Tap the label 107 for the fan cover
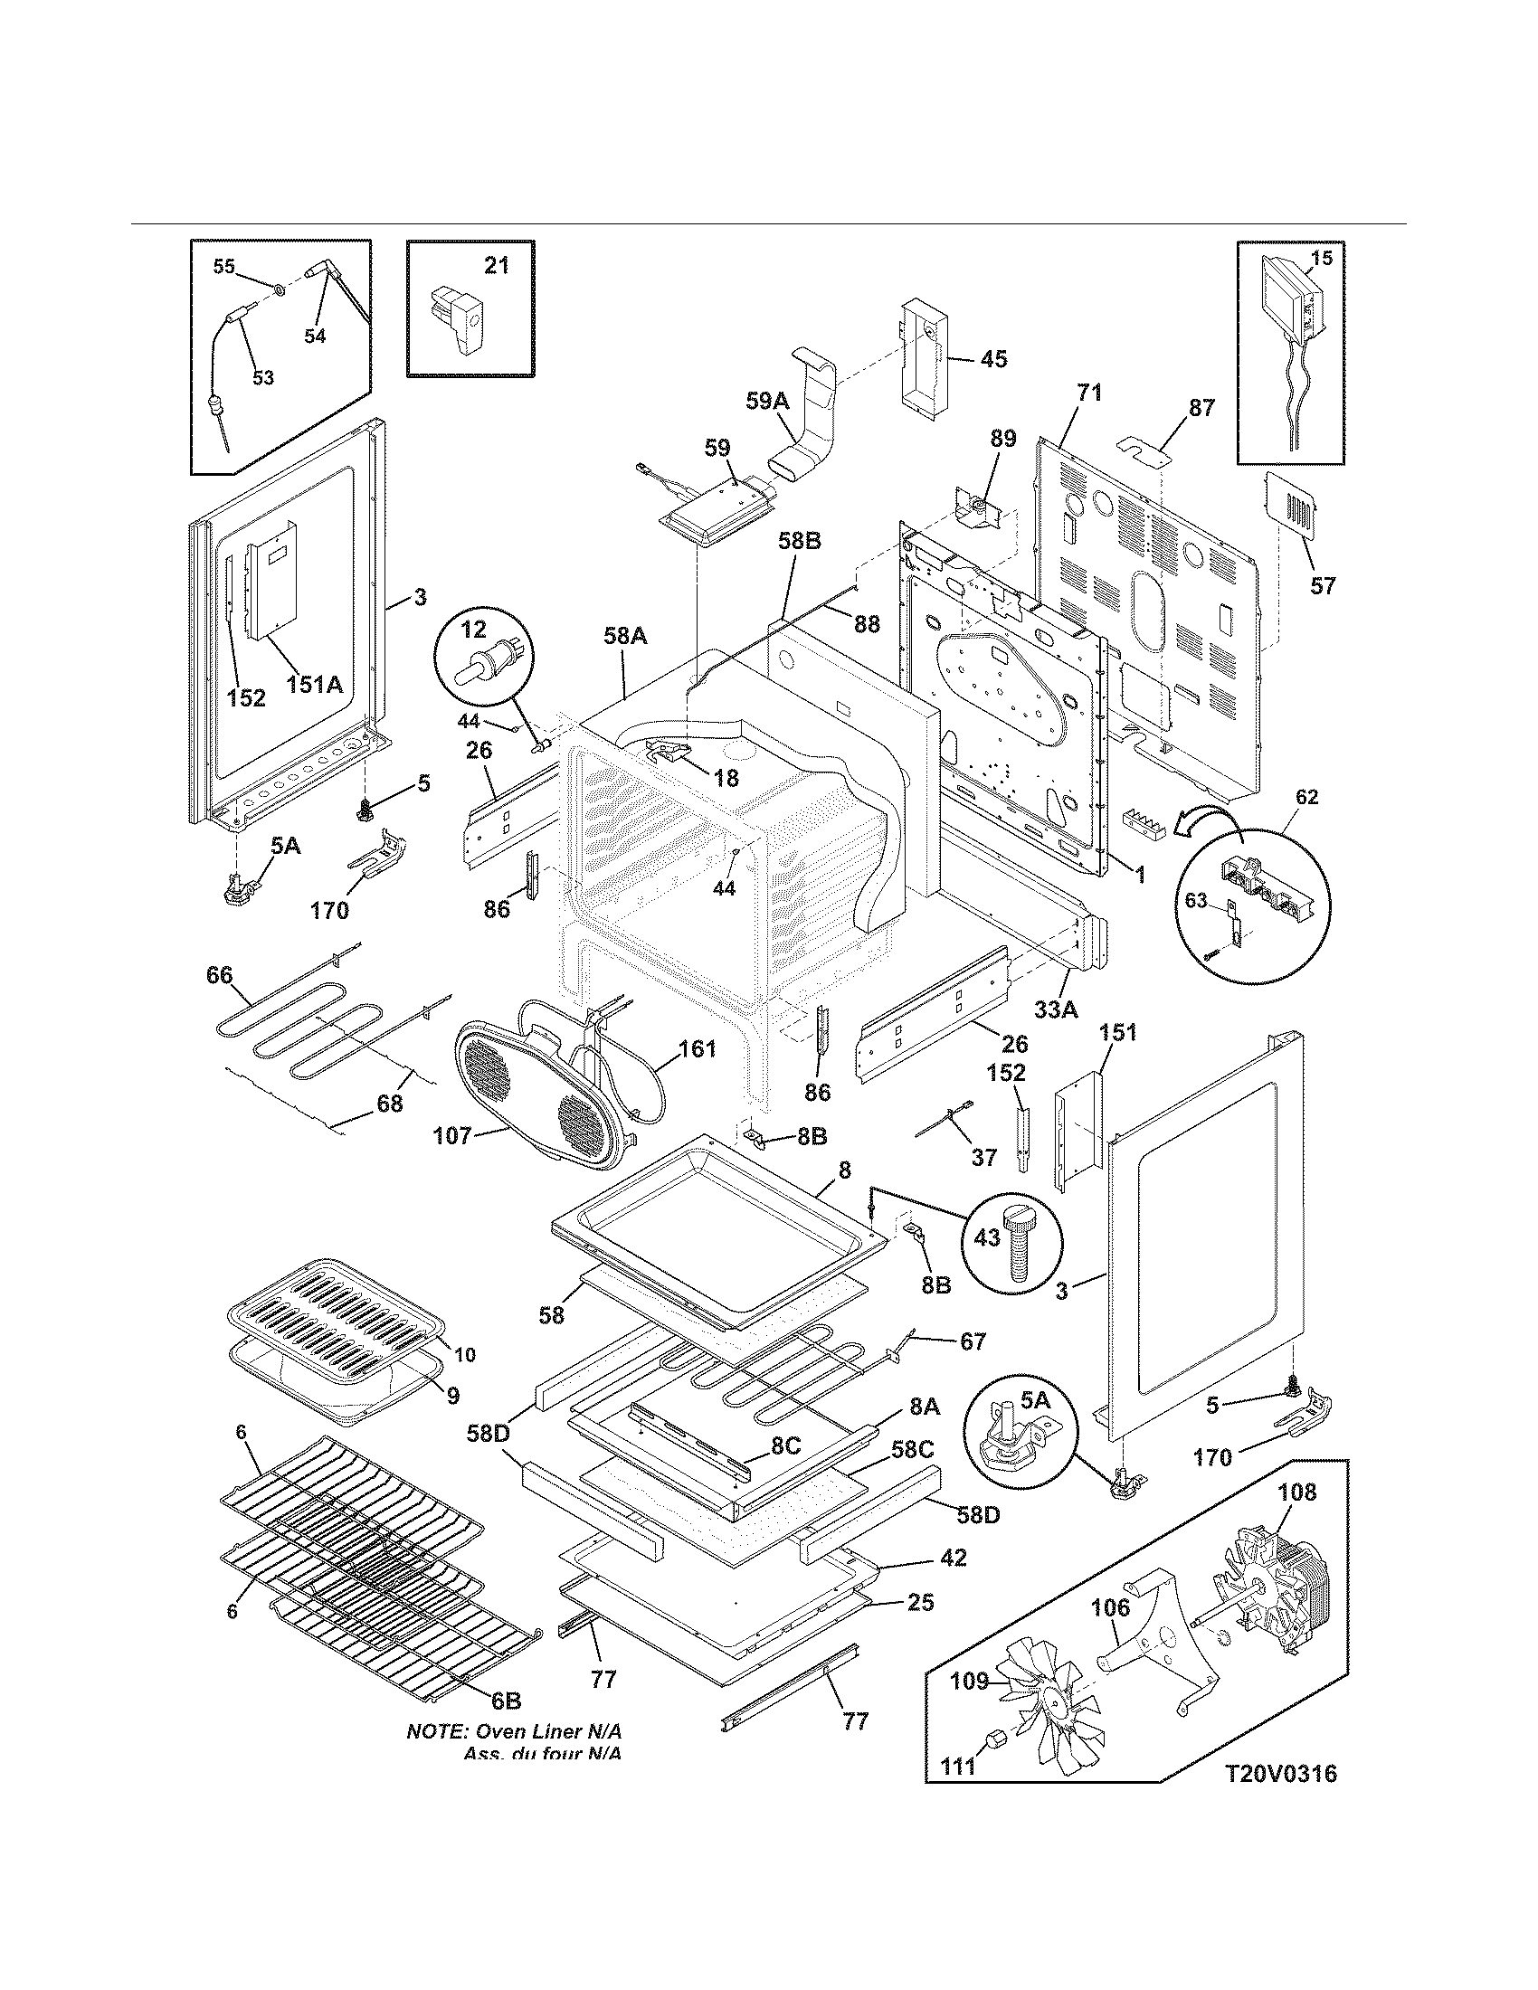[452, 1135]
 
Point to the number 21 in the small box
[497, 266]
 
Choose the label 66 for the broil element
[219, 976]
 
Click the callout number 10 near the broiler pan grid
[465, 1380]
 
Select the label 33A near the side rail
[1056, 1009]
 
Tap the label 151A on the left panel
[314, 683]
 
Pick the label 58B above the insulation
[799, 541]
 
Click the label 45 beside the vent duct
[993, 359]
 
